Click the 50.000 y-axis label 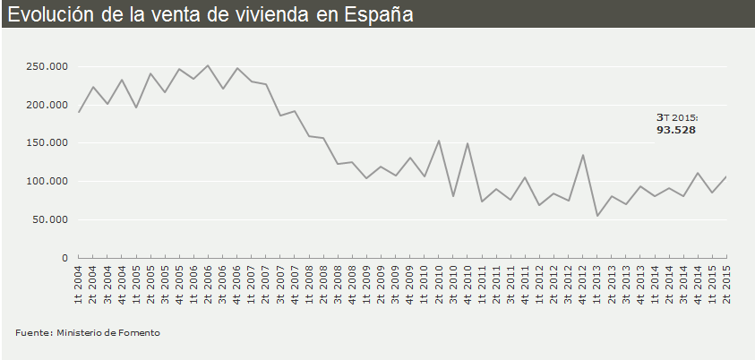tap(51, 219)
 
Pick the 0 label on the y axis tap(64, 258)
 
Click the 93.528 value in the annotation tap(676, 130)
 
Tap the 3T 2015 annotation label tap(676, 117)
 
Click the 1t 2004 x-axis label tap(79, 285)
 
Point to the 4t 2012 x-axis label tap(582, 285)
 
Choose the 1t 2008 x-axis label tap(309, 285)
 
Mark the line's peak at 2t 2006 tap(208, 65)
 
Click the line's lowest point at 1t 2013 tap(596, 216)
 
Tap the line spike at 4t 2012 tap(582, 155)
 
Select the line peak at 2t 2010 tap(438, 141)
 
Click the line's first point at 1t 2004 tap(79, 112)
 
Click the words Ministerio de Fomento tap(108, 333)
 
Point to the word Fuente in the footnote tap(32, 333)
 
